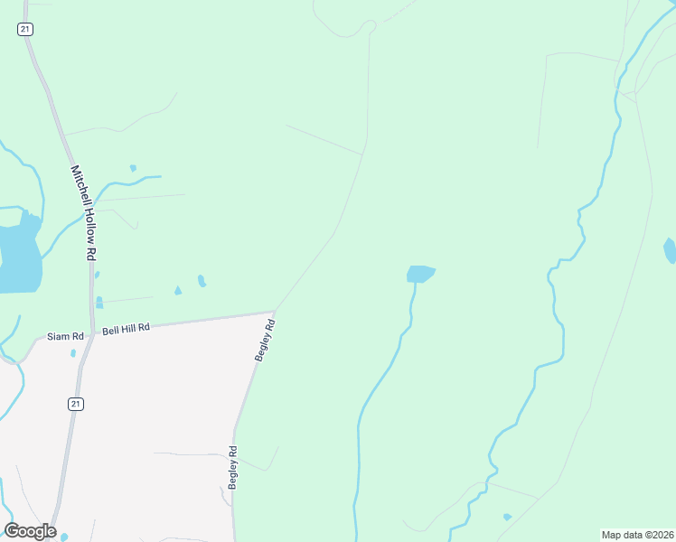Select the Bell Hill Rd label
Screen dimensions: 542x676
tap(126, 330)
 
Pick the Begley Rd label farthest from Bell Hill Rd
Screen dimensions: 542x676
tap(233, 468)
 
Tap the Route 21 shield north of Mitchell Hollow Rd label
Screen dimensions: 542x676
tap(24, 30)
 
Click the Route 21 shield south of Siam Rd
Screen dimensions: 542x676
tap(76, 405)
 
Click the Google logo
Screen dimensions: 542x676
tap(30, 530)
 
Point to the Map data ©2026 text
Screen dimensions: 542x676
tap(637, 535)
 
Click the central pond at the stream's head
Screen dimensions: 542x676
tap(420, 273)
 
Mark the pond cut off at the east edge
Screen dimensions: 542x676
tap(671, 249)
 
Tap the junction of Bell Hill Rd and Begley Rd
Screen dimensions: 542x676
tap(274, 313)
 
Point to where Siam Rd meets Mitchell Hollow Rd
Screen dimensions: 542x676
tap(90, 332)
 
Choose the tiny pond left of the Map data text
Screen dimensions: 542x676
tap(507, 517)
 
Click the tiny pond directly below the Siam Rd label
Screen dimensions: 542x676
tap(73, 353)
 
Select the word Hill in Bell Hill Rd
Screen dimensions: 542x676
tap(126, 330)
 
